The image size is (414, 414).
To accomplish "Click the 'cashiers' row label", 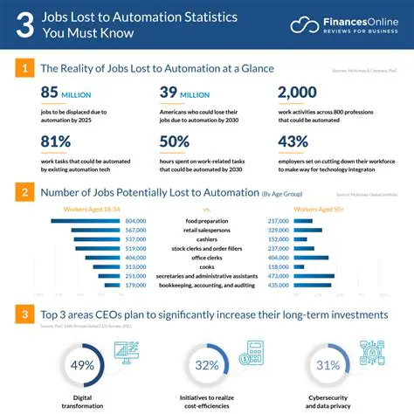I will pos(207,238).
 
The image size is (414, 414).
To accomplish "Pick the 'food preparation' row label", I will pos(207,221).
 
